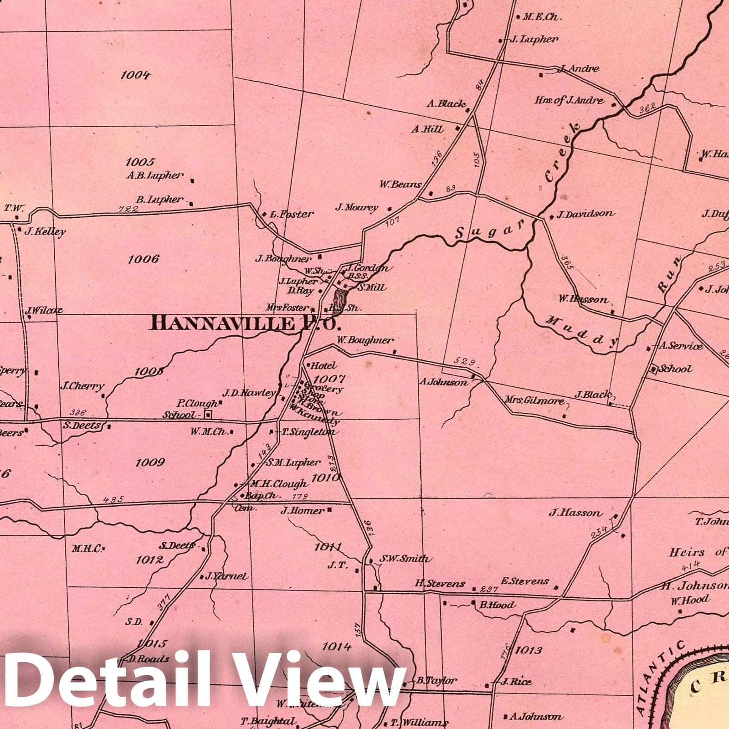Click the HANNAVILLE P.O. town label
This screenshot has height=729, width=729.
(246, 323)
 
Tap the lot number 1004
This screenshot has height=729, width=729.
(135, 75)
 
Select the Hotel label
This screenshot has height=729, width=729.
(323, 365)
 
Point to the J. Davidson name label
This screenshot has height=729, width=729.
(585, 214)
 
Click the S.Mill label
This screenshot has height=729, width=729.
(372, 287)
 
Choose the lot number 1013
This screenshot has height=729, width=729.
(529, 650)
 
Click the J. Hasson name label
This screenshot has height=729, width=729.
(575, 513)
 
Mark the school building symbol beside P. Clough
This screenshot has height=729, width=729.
(209, 414)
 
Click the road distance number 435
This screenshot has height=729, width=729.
(113, 499)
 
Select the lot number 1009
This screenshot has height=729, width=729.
(149, 462)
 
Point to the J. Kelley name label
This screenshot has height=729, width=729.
(45, 231)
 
